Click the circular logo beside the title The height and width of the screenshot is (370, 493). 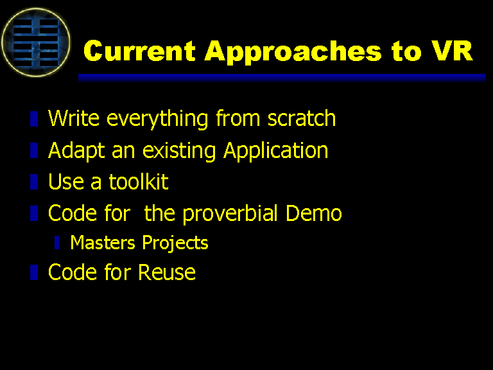pos(36,42)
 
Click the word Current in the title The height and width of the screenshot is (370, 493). pos(139,51)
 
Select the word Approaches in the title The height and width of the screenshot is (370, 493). pos(293,53)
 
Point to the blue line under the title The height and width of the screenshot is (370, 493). pos(282,78)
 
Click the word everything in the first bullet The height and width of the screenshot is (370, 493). pos(157,119)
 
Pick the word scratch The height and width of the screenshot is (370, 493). pos(302,118)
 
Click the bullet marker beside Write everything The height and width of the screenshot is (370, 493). pos(34,119)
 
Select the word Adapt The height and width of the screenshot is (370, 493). pos(76,151)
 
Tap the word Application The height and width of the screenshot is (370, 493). pos(276,151)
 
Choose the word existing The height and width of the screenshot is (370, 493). pos(179,151)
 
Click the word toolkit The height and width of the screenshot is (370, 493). pos(139,182)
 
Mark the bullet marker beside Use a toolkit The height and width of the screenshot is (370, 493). pos(34,182)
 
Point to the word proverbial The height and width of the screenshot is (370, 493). pos(230,214)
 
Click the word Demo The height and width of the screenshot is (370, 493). pos(313,213)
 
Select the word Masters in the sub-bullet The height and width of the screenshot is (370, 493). pos(103,243)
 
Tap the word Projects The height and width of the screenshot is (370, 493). pos(175,243)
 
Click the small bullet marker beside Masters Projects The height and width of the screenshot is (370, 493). pos(56,243)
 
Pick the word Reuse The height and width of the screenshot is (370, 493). pos(167,272)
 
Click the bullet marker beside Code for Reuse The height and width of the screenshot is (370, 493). pos(34,272)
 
